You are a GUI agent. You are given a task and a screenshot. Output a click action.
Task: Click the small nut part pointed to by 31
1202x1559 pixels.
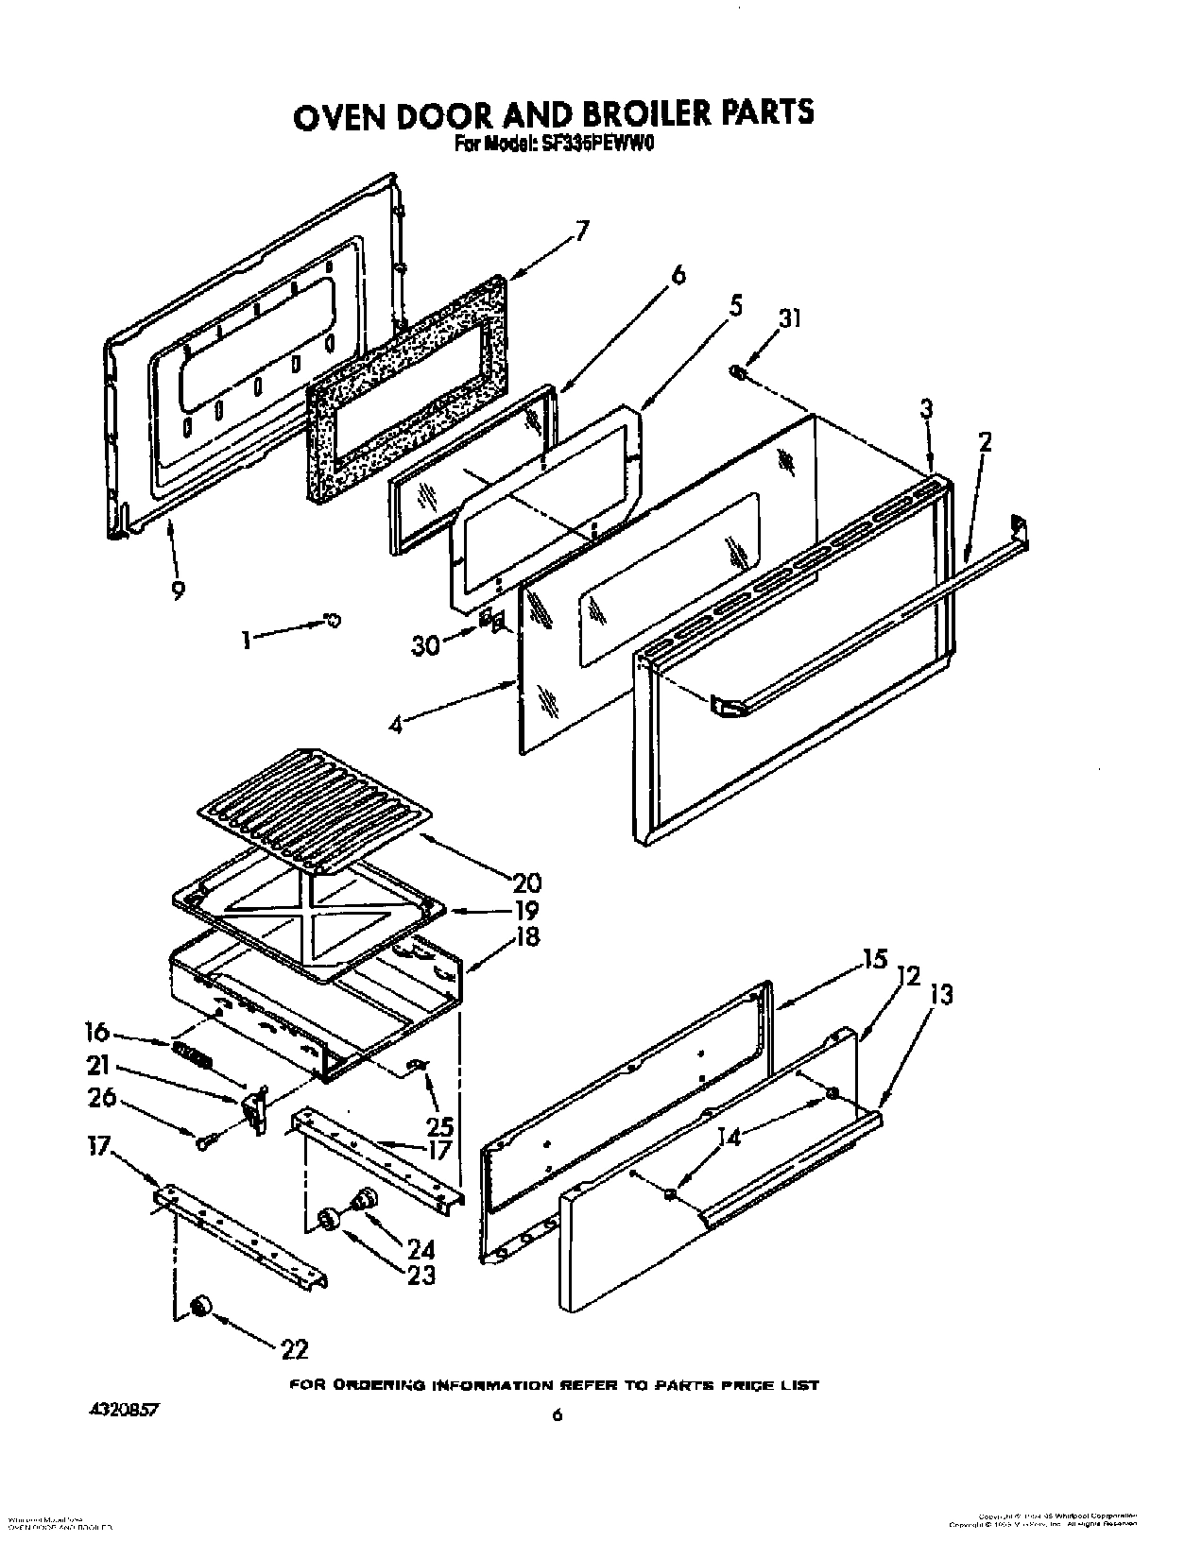739,374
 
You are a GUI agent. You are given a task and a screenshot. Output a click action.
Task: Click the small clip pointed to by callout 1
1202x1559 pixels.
332,619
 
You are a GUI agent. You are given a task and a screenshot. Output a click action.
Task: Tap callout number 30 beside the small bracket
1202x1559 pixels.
426,645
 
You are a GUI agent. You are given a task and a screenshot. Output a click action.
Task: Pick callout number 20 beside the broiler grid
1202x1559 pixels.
525,882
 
